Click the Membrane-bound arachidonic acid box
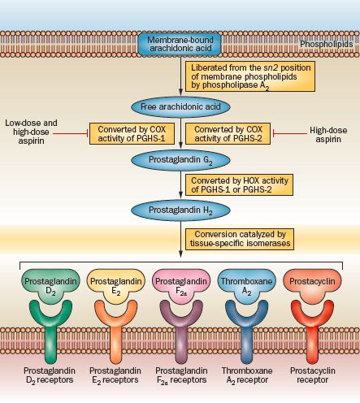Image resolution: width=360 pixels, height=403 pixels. click(180, 44)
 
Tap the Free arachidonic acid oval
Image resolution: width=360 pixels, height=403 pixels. click(180, 106)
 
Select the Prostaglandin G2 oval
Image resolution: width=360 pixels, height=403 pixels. click(180, 160)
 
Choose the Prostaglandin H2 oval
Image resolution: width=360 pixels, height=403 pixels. click(180, 210)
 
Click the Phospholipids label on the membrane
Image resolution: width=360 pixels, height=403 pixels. click(327, 44)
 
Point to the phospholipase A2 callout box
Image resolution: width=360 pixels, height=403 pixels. click(250, 76)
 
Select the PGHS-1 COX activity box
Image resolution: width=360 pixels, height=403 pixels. click(132, 134)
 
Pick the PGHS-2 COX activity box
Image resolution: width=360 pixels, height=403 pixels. click(228, 134)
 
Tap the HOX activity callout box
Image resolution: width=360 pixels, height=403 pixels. click(239, 184)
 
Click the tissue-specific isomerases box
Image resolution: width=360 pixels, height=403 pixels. click(240, 239)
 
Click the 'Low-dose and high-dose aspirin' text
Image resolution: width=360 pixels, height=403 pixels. click(31, 132)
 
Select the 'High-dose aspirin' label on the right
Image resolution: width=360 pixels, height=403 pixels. click(328, 135)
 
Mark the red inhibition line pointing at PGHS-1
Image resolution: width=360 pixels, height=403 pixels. click(71, 133)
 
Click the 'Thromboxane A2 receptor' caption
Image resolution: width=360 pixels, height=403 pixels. click(247, 375)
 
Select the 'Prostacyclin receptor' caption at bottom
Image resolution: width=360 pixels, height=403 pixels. click(313, 375)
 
